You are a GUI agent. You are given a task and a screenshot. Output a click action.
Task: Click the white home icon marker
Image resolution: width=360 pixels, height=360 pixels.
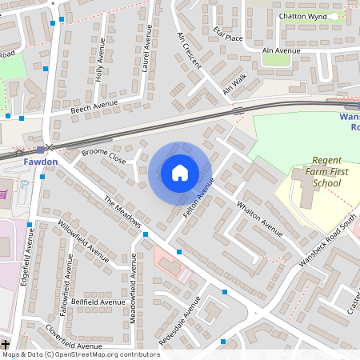[x=180, y=173]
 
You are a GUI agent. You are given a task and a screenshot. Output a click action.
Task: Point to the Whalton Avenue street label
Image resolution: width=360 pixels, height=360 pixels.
[x=259, y=216]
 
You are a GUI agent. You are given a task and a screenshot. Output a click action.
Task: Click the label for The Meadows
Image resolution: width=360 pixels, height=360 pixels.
[x=122, y=210]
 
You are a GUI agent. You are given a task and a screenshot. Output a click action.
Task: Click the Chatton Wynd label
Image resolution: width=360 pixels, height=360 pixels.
[x=302, y=15]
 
